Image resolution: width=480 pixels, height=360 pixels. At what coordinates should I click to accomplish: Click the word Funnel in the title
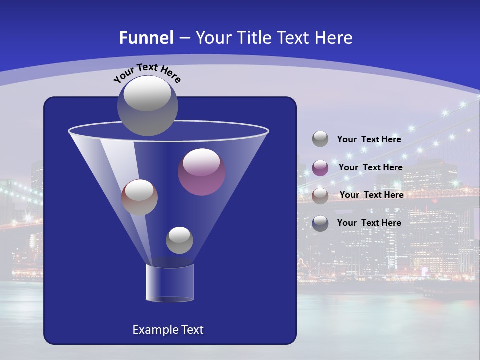click(146, 38)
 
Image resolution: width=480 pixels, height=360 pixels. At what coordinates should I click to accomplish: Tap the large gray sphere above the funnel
click(148, 105)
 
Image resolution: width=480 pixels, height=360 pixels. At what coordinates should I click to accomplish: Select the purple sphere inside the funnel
click(202, 172)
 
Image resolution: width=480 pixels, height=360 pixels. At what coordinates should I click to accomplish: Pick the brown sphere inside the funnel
click(139, 197)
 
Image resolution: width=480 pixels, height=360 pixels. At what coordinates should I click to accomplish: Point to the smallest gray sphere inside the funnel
click(179, 240)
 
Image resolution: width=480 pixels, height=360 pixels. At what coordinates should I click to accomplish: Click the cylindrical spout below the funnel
click(170, 283)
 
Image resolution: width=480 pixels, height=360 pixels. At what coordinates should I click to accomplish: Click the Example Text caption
click(168, 330)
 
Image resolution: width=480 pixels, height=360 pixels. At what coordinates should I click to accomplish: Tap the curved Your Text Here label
click(147, 72)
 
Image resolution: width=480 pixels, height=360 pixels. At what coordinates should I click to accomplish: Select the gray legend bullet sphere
click(320, 139)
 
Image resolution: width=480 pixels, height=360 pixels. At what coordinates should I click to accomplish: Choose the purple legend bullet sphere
click(320, 167)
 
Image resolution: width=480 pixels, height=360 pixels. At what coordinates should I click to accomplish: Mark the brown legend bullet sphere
click(320, 195)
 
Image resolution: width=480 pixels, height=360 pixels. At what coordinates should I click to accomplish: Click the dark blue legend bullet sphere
click(320, 223)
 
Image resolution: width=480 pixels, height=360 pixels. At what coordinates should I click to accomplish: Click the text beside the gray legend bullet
click(369, 140)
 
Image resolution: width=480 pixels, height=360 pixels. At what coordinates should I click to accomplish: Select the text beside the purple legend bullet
click(370, 167)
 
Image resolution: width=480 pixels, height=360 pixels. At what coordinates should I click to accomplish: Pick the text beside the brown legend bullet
click(371, 195)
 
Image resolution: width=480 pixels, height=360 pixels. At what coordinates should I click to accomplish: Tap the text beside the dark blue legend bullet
click(369, 223)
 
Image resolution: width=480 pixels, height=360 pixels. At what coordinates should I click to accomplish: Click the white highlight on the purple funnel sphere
click(201, 162)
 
